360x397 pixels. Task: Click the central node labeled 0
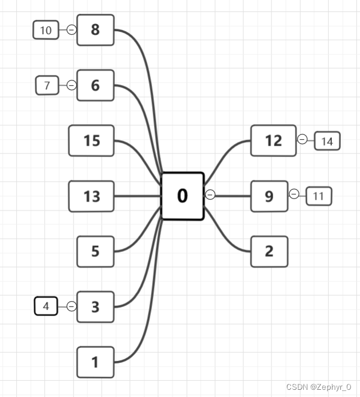coord(183,196)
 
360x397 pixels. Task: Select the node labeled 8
coord(95,30)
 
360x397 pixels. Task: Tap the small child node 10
coord(46,30)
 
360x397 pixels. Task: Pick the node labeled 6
coord(95,85)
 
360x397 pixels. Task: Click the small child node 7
coord(47,85)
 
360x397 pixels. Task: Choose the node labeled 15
coord(92,140)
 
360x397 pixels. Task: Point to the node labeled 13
coord(92,196)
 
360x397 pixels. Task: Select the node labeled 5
coord(95,251)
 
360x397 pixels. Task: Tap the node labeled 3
coord(95,307)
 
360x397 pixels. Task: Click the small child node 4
coord(46,306)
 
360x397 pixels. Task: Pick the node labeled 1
coord(95,362)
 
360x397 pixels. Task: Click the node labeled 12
coord(273,140)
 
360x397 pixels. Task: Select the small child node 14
coord(327,141)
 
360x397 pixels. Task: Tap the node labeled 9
coord(269,196)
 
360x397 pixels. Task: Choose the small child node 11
coord(319,196)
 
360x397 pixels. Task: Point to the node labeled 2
coord(269,251)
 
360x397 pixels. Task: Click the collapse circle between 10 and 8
coord(71,30)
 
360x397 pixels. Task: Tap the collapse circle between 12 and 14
coord(302,139)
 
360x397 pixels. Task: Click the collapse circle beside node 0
coord(210,194)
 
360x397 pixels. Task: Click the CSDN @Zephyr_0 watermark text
coord(319,387)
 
